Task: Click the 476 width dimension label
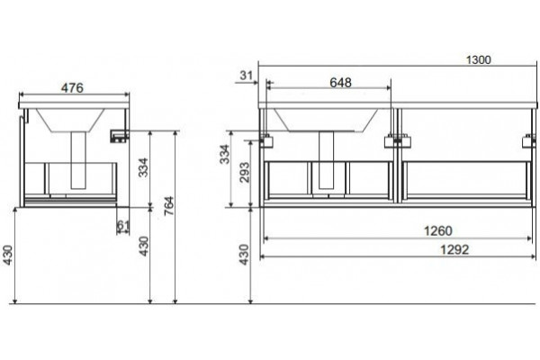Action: point(72,88)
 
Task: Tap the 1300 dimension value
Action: point(479,60)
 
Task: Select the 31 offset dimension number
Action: point(247,75)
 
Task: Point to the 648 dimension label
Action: point(340,82)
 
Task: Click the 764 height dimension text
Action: point(169,206)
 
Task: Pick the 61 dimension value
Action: point(123,225)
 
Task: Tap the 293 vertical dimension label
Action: point(244,172)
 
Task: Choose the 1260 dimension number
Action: point(437,230)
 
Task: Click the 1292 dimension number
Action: point(454,249)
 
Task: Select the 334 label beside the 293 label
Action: point(224,154)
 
